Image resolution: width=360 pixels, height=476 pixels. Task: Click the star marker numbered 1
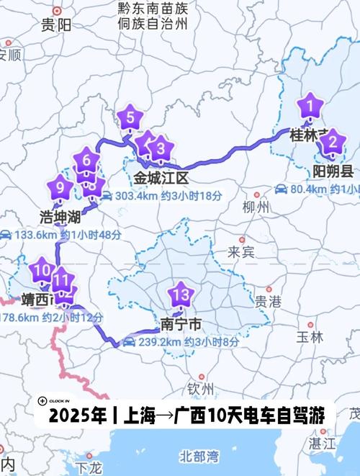click(310, 107)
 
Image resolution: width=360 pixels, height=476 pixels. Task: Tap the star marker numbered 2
click(331, 143)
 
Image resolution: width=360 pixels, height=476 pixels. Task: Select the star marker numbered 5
click(130, 116)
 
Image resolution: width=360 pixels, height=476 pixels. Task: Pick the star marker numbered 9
click(60, 189)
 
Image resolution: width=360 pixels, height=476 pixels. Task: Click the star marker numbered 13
click(180, 294)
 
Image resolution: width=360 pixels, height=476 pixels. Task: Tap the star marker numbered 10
click(41, 271)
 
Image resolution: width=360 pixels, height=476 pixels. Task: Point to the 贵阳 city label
click(55, 26)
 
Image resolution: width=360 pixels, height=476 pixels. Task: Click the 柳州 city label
click(256, 207)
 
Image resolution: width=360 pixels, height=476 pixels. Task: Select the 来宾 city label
click(241, 251)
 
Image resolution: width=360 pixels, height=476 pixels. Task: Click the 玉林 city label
click(310, 336)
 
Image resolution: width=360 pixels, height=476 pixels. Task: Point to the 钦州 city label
click(201, 388)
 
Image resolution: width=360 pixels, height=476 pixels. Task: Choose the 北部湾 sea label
click(199, 455)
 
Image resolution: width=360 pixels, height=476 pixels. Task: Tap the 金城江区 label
click(161, 177)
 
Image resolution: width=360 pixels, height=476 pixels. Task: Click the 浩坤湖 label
click(59, 215)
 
